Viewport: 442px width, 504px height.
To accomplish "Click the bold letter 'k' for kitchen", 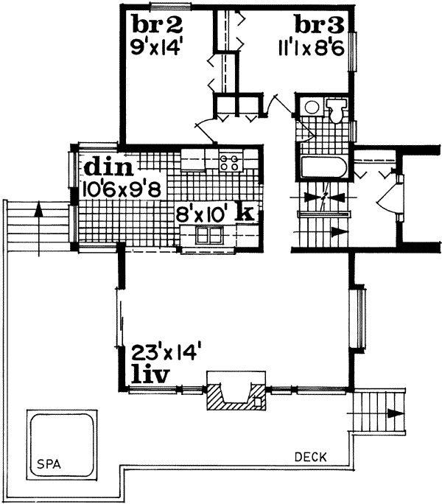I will [x=246, y=214].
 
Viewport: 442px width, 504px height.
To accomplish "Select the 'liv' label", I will [x=150, y=373].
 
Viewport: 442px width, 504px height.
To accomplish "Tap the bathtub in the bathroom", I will [x=324, y=167].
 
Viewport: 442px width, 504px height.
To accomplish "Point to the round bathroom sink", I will [x=312, y=108].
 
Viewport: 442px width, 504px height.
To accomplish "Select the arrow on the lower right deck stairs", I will [x=390, y=414].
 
